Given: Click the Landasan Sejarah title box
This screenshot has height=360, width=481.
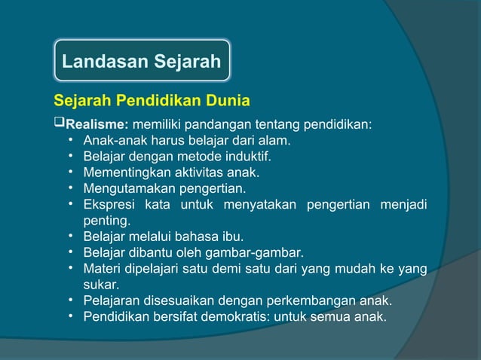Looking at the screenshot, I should [141, 61].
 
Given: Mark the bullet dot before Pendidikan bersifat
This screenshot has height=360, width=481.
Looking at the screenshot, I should [69, 317].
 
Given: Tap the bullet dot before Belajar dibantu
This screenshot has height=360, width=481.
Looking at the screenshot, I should [69, 253].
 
